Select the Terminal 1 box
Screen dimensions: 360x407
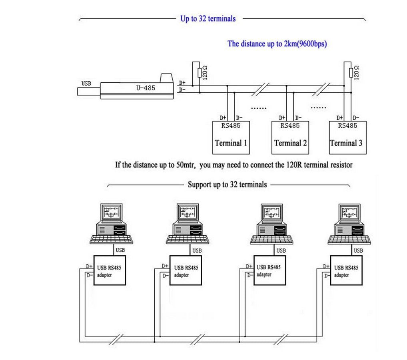pyautogui.click(x=231, y=137)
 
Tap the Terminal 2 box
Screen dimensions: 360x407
pyautogui.click(x=290, y=137)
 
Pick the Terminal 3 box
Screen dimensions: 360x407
pyautogui.click(x=347, y=137)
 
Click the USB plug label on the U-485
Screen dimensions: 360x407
pyautogui.click(x=86, y=84)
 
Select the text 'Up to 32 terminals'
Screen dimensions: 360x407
pyautogui.click(x=208, y=19)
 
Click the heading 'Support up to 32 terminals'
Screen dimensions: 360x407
pyautogui.click(x=227, y=185)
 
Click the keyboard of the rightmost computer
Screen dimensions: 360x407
pyautogui.click(x=349, y=239)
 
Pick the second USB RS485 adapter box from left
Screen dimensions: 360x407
pyautogui.click(x=186, y=270)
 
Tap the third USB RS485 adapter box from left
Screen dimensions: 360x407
pyautogui.click(x=269, y=270)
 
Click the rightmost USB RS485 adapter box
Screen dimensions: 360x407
pyautogui.click(x=346, y=270)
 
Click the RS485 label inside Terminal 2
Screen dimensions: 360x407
pyautogui.click(x=290, y=125)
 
